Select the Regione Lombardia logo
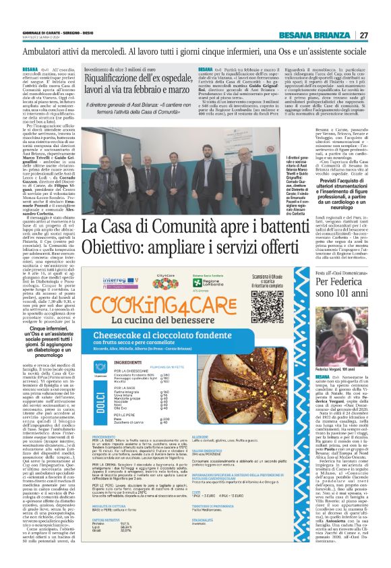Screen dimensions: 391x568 click(x=206, y=279)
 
